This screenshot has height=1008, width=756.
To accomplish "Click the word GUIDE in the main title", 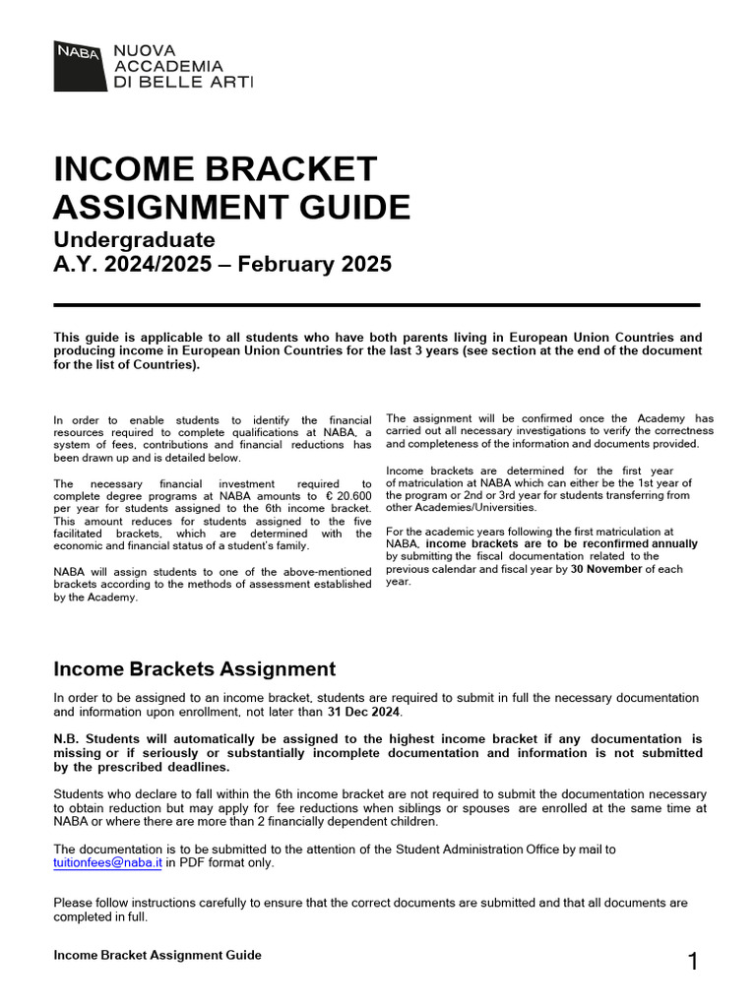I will coord(353,207).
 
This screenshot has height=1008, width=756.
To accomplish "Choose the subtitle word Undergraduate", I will coord(134,239).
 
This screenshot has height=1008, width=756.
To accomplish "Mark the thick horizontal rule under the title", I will coord(376,305).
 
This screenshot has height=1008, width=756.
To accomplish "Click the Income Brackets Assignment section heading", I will coord(194,669).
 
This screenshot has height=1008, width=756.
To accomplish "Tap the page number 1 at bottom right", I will coord(693,962).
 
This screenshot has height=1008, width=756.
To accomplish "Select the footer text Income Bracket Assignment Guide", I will coord(157,955).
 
